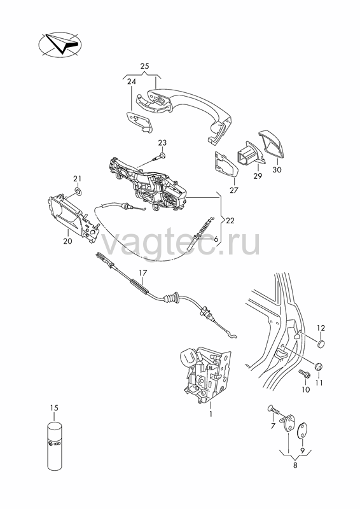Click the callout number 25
145,66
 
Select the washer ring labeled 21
78,190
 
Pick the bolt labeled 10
305,374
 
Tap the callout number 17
142,273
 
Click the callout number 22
230,221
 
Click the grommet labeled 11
319,366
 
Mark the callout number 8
295,465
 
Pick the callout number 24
131,82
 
